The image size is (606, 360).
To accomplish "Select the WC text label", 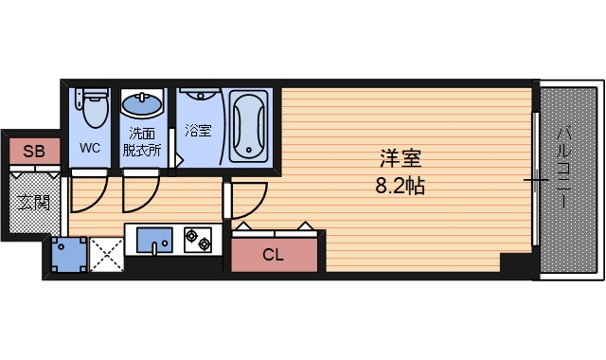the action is (90, 148).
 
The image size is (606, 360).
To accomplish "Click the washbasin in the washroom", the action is (142, 103).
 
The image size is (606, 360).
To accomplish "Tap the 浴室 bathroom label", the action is (199, 131).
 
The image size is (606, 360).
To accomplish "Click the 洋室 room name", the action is (398, 158).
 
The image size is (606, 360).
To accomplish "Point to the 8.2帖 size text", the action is (398, 186).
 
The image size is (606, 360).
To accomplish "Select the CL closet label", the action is (273, 254).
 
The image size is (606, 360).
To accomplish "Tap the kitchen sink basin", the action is (152, 241).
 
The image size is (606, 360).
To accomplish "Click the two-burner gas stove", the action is (198, 240).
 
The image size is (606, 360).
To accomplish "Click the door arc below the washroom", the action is (138, 194).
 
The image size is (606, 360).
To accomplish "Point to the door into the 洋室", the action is (244, 199).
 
